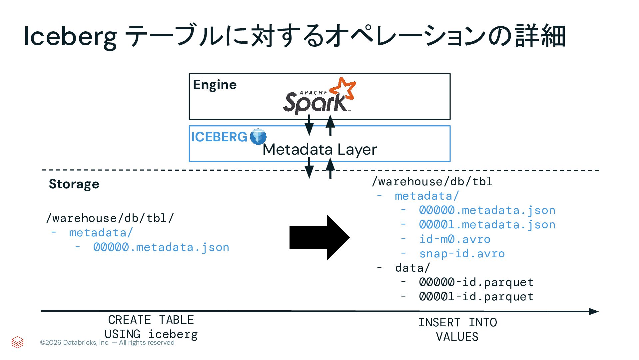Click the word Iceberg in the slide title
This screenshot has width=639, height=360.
pos(70,36)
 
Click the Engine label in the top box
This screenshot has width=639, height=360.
pos(215,85)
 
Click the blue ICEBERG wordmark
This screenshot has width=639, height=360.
pos(219,137)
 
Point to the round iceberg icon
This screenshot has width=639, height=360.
pos(258,137)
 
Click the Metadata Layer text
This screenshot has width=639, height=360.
pos(319,149)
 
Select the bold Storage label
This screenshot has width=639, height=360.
pos(74,184)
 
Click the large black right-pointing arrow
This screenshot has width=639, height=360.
pos(319,237)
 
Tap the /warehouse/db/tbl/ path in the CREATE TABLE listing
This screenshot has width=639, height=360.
pos(110,218)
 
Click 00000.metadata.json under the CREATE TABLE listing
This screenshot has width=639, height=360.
pos(161,247)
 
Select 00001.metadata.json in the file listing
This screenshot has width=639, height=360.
pos(487,225)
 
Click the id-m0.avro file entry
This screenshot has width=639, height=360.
pos(455,239)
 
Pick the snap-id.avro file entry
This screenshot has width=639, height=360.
pos(462,254)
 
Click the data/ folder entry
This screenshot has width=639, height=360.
pos(412,268)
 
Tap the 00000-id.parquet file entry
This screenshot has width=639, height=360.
pos(476,282)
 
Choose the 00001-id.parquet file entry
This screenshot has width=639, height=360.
pos(476,297)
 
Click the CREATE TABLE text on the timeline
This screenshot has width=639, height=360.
pos(151,320)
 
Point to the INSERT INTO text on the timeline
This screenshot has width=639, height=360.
pos(457,323)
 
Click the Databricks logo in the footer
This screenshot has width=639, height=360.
pos(17,342)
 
